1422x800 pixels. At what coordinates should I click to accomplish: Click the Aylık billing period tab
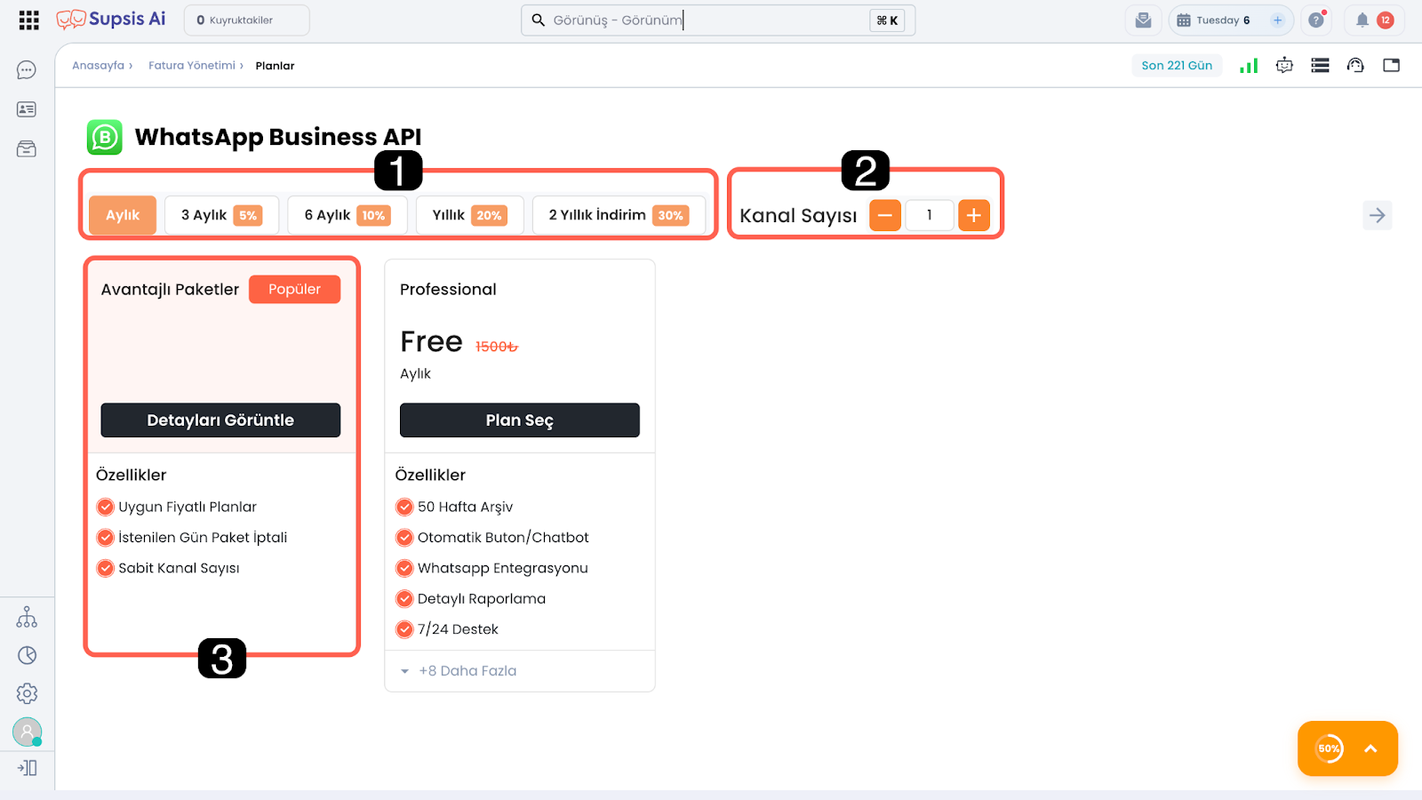[123, 215]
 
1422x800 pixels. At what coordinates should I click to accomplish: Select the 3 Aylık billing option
[221, 215]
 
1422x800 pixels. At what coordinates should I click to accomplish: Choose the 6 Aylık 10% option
[347, 215]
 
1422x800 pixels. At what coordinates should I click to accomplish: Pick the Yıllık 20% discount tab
[470, 215]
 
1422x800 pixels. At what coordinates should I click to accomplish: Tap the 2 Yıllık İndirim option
[619, 215]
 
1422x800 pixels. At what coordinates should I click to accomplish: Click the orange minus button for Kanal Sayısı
[885, 215]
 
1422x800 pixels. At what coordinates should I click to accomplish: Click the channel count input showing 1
[930, 215]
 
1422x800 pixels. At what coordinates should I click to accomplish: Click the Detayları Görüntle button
[220, 420]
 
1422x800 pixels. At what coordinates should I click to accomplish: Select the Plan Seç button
[519, 420]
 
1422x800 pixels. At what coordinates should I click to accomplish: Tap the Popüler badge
[294, 290]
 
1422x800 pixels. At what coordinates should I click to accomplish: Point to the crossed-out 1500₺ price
[497, 347]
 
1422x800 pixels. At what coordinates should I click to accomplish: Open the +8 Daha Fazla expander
[459, 671]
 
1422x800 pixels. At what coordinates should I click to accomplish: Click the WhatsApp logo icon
[104, 137]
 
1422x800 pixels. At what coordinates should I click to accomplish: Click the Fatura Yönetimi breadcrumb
[192, 66]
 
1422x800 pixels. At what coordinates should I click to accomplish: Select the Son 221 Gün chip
[1177, 66]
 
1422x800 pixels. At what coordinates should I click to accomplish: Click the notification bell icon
[1362, 20]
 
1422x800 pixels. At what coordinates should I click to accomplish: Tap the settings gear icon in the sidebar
[27, 693]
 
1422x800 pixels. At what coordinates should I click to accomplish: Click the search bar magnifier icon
[539, 20]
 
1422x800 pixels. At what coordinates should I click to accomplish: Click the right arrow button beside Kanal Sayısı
[1377, 215]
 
